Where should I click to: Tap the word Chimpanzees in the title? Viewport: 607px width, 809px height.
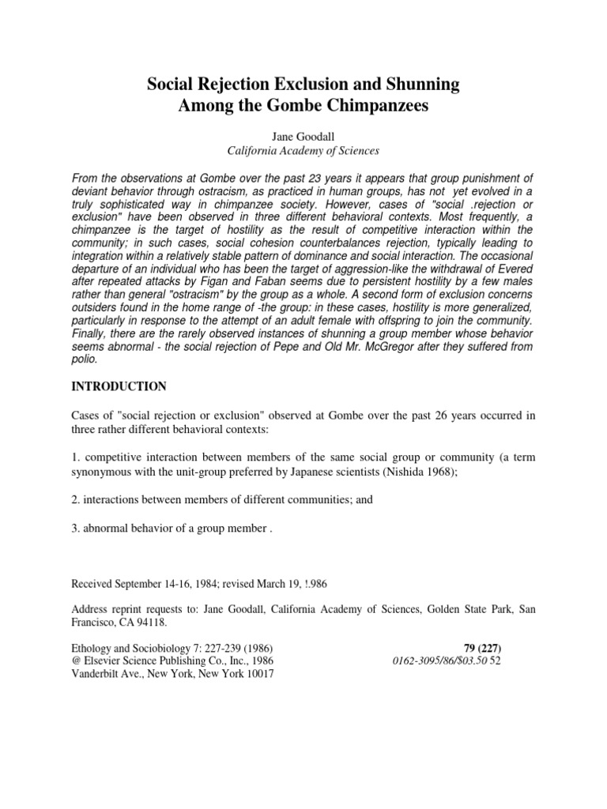378,107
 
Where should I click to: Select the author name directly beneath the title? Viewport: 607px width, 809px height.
303,136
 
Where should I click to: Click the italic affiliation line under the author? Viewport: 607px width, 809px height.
303,150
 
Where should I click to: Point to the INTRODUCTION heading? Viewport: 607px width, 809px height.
119,386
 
